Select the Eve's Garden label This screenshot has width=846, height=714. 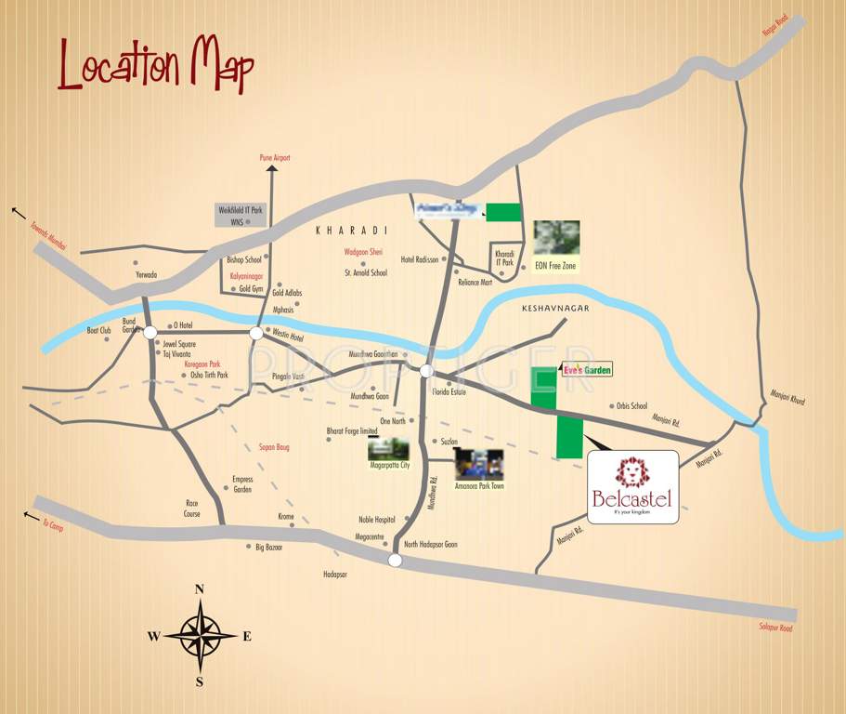pos(588,369)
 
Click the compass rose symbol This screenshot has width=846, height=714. pos(199,636)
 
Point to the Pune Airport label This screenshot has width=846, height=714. pos(274,158)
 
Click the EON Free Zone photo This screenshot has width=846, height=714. pos(556,238)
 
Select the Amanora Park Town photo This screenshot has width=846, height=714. pos(479,464)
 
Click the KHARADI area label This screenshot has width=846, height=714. pos(350,230)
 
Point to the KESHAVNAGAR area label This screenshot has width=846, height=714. pos(556,306)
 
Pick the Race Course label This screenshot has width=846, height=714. pos(192,507)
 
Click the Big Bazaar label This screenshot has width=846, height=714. pos(268,548)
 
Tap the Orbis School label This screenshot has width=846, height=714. pos(631,405)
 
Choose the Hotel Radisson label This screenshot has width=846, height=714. pos(419,259)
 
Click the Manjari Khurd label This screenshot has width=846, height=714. pos(787,400)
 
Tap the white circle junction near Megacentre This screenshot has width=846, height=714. pos(395,560)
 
